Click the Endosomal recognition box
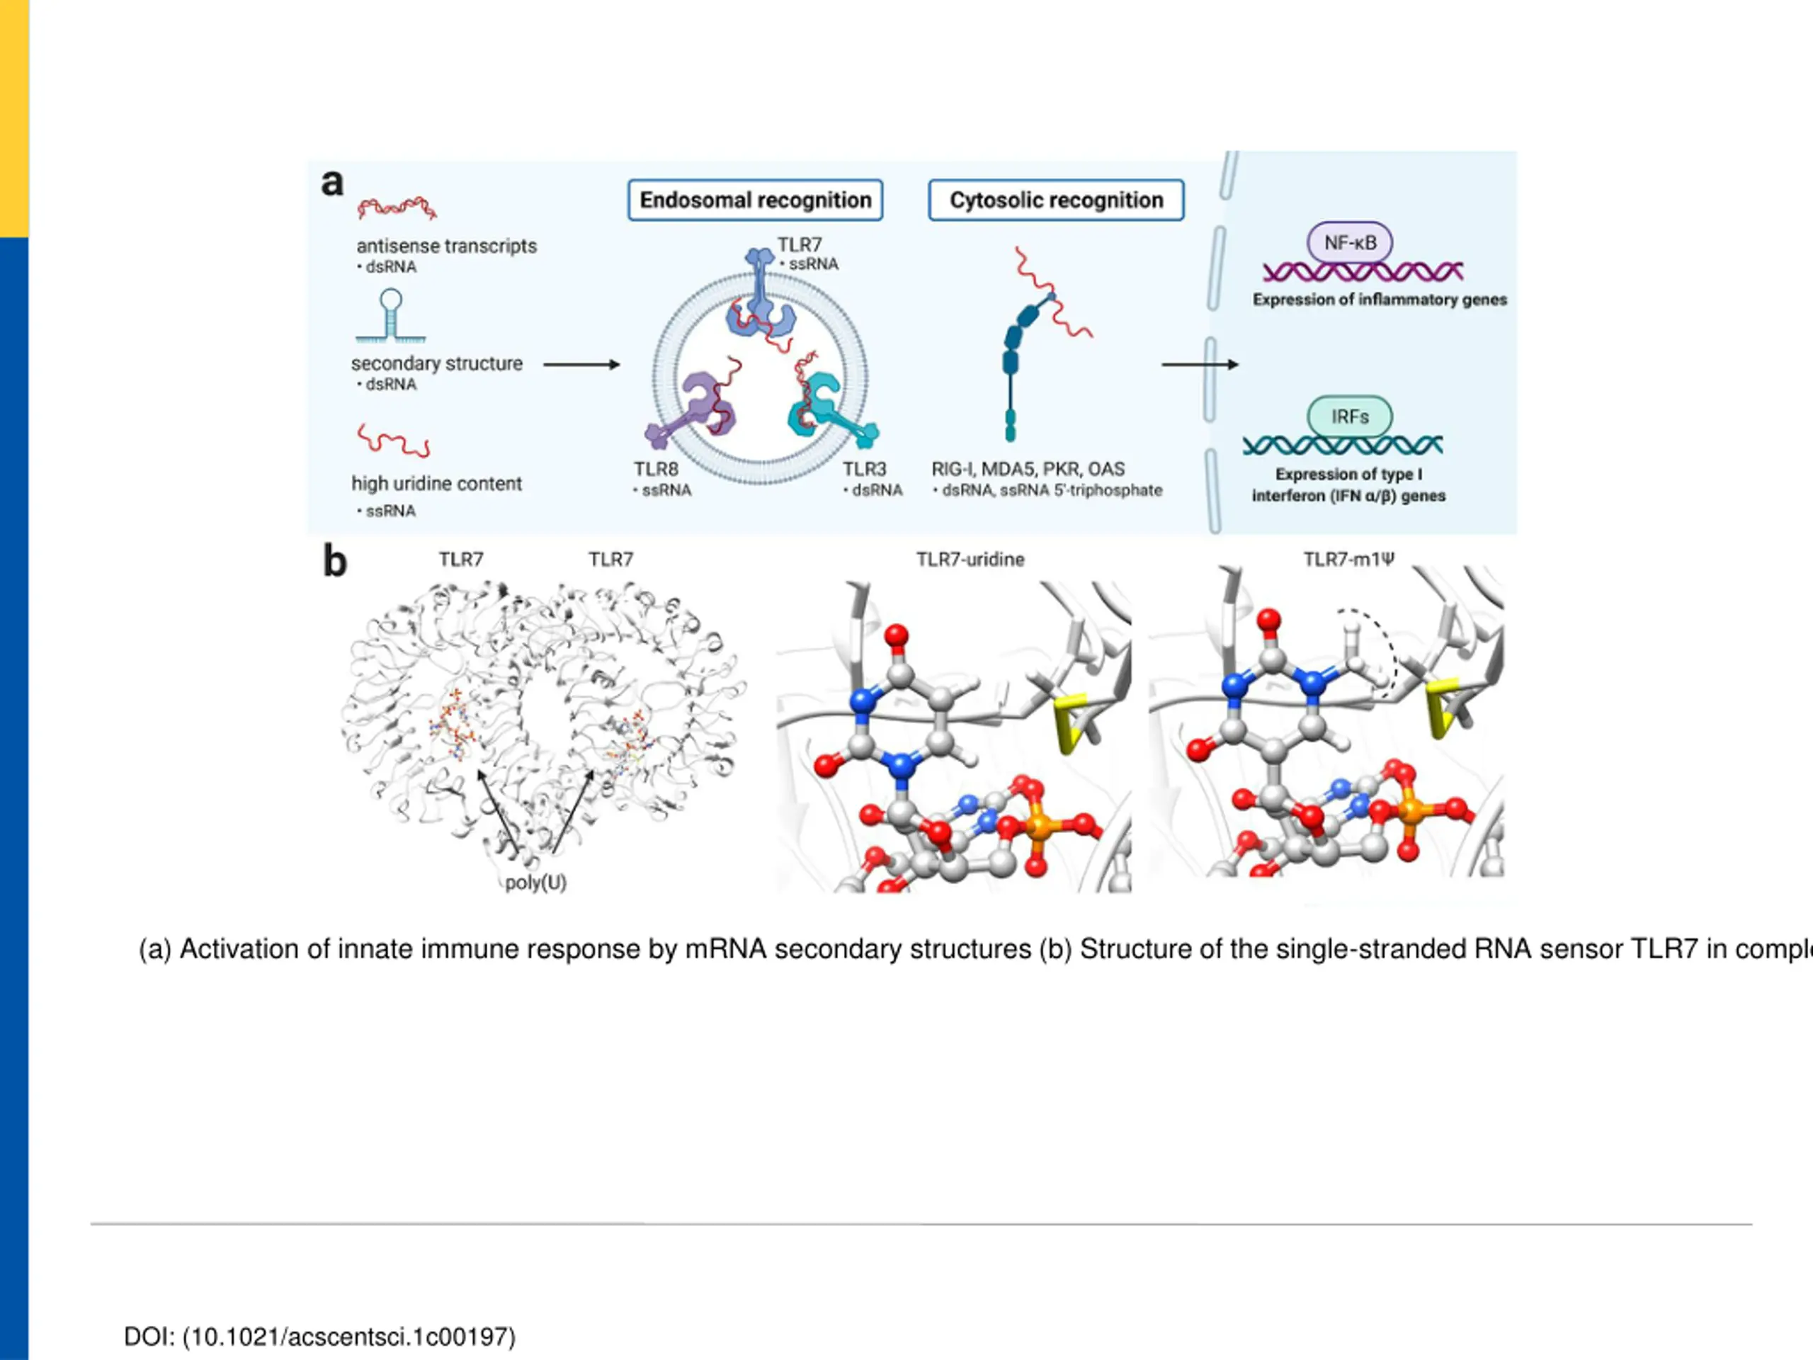coord(755,200)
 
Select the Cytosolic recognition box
coord(1056,200)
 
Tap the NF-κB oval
coord(1350,243)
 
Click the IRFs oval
coord(1349,416)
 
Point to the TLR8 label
coord(656,469)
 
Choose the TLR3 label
coord(865,469)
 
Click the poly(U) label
coord(536,883)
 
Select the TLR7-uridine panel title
coord(970,559)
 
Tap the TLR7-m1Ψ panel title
coord(1348,559)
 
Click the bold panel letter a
coord(332,183)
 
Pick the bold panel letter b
coord(334,562)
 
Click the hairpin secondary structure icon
coord(391,316)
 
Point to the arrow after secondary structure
coord(581,365)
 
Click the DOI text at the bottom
coord(319,1336)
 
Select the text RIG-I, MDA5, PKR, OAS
coord(1028,469)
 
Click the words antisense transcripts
coord(447,246)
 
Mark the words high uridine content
coord(437,484)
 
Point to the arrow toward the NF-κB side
coord(1199,365)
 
